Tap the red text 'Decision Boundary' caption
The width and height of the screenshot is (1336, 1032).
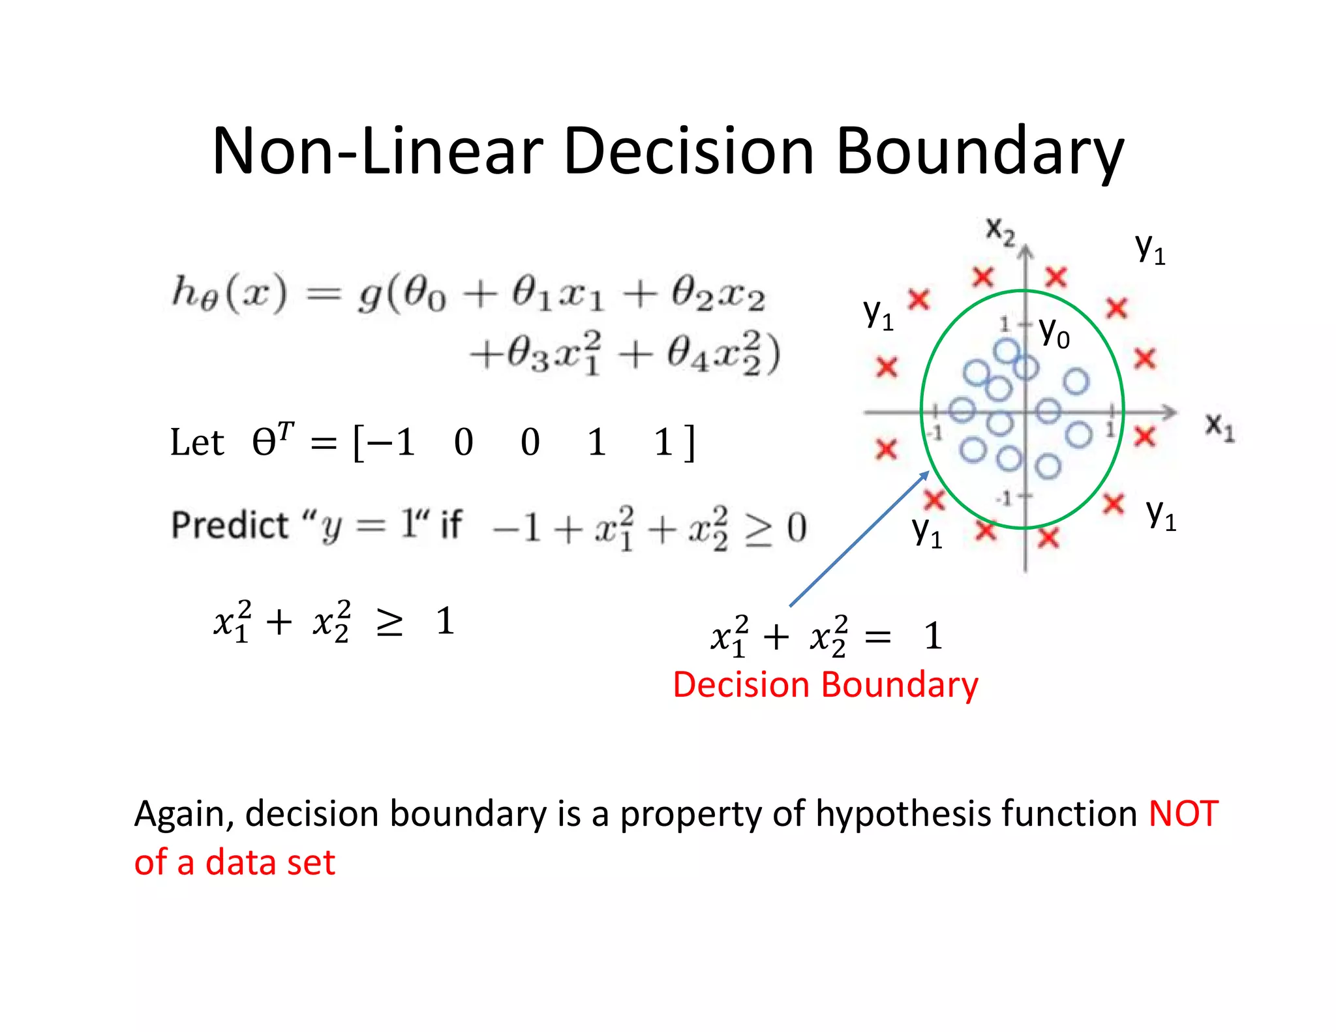click(825, 685)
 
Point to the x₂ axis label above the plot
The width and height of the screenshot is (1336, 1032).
click(1000, 230)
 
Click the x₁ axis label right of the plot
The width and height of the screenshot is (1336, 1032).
click(1219, 427)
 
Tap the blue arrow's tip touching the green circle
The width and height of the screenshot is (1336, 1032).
click(926, 473)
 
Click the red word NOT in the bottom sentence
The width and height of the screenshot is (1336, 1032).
click(1183, 813)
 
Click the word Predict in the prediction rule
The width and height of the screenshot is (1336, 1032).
click(230, 525)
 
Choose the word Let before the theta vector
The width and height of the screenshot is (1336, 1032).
click(197, 442)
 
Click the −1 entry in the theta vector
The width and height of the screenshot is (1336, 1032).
click(391, 442)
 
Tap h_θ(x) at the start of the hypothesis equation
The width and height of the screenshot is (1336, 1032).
click(228, 294)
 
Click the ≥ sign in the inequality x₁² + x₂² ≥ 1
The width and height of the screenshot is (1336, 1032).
click(389, 622)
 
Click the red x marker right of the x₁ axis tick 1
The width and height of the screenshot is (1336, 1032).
click(1145, 436)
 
